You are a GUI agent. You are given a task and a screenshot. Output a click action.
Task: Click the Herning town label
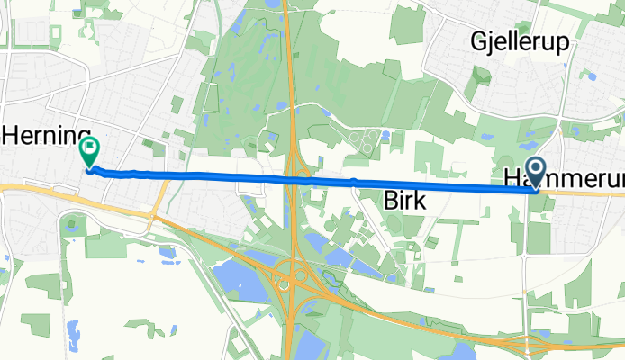coord(47,136)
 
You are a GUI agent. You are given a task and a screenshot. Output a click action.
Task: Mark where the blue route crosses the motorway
coord(294,181)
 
